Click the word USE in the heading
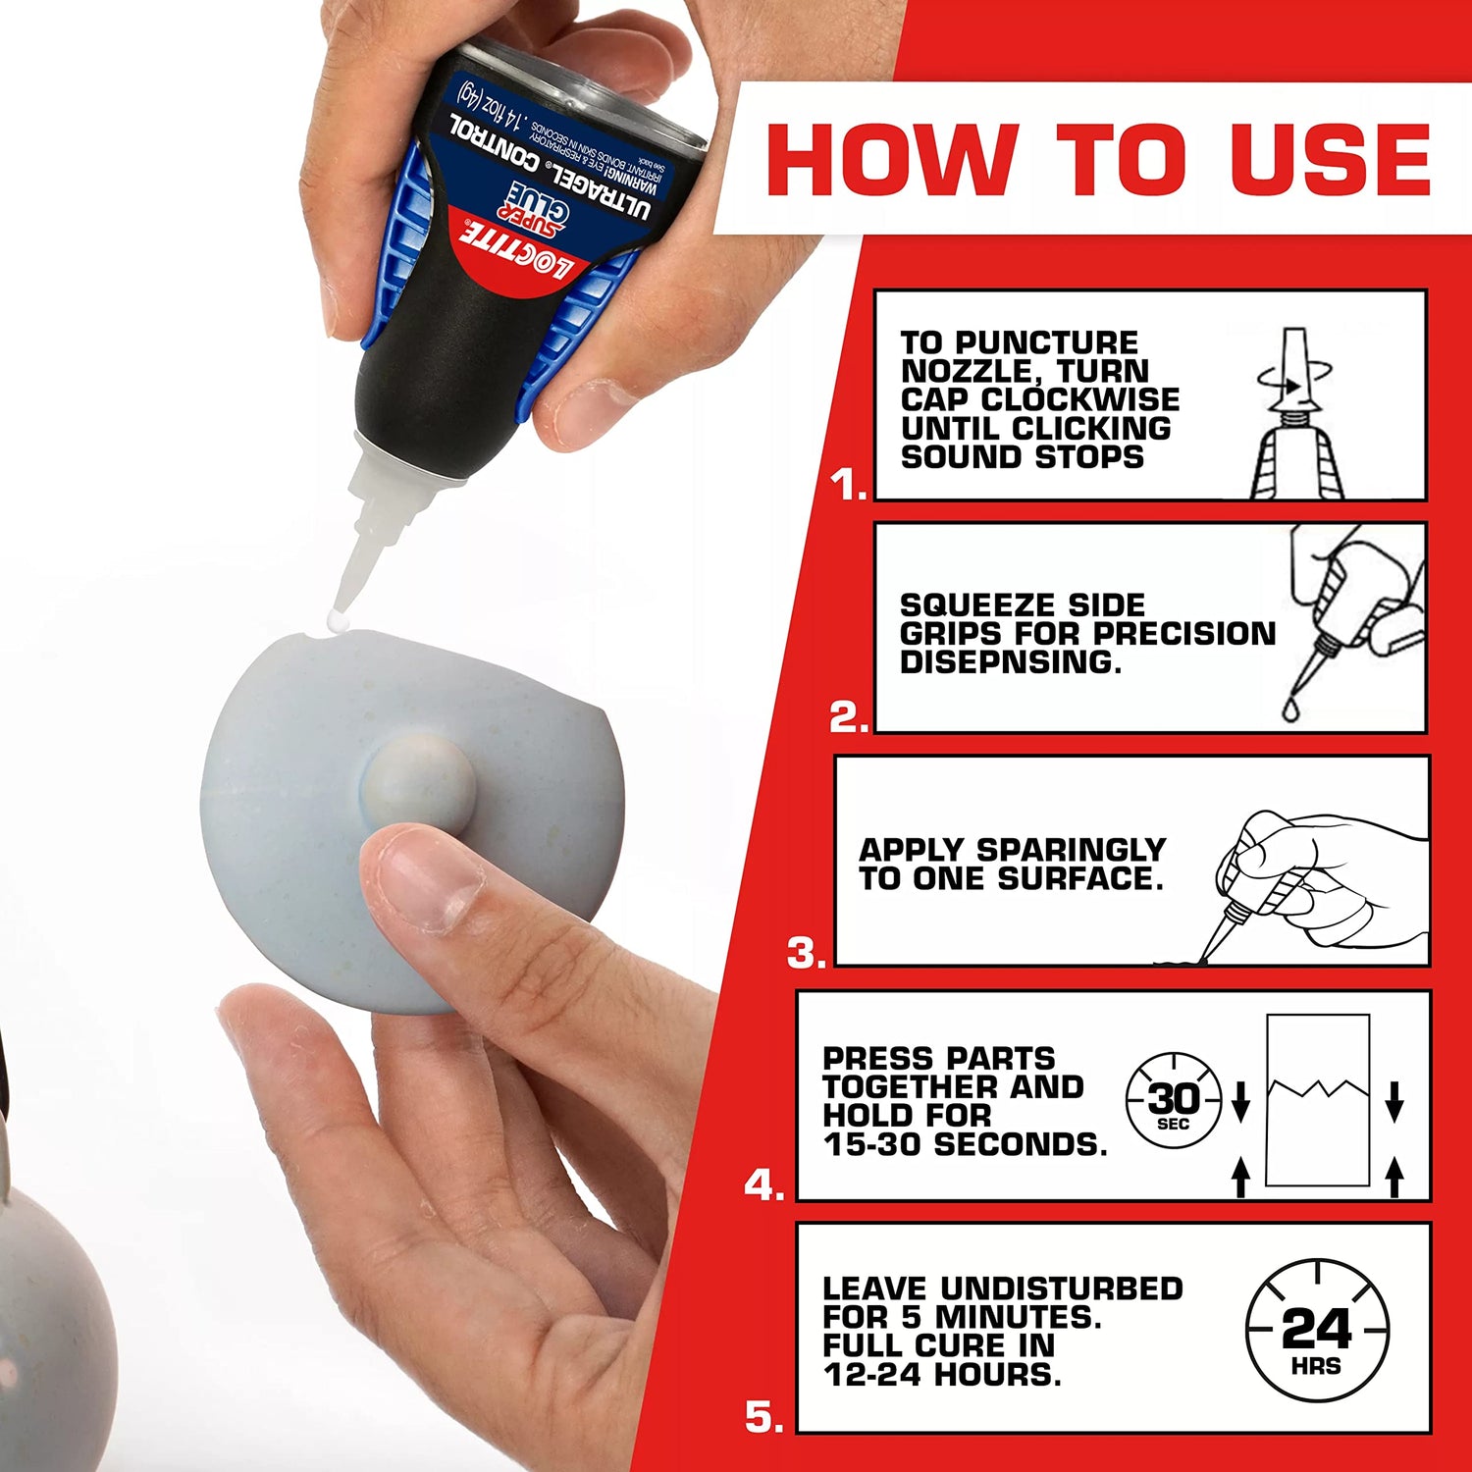tap(1331, 159)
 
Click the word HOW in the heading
tap(890, 159)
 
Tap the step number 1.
tap(847, 485)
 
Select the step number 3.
tap(807, 953)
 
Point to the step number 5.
tap(764, 1417)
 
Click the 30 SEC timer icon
tap(1174, 1101)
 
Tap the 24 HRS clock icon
tap(1317, 1330)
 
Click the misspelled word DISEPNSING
tap(1010, 662)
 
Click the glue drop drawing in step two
tap(1291, 709)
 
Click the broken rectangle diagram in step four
tap(1317, 1101)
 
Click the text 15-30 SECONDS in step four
tap(965, 1144)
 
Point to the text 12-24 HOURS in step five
tap(942, 1375)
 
